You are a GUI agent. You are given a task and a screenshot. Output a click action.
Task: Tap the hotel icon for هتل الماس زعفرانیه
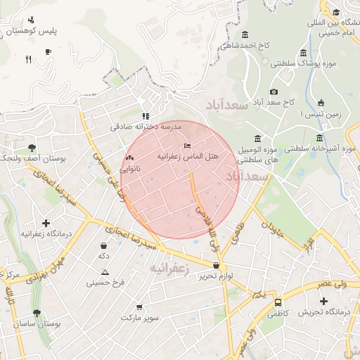[186, 145]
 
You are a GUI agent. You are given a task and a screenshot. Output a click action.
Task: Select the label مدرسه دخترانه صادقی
[146, 127]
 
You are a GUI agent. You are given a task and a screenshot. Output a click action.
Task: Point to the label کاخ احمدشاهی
[245, 46]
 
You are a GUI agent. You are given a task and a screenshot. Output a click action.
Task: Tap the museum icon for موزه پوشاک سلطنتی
[303, 53]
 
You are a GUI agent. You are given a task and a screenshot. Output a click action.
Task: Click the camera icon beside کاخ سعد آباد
[274, 91]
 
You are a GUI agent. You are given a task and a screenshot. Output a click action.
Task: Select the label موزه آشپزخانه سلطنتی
[320, 148]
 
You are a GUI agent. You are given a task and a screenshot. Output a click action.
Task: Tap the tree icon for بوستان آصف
[32, 148]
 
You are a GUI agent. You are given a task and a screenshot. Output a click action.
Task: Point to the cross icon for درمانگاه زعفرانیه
[46, 223]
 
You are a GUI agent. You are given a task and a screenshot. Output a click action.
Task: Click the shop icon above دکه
[104, 246]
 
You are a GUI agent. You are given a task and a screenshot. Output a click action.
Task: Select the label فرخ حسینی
[105, 283]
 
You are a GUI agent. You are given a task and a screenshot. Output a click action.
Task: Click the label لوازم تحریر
[215, 276]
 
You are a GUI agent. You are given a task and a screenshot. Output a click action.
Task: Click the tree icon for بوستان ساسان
[37, 313]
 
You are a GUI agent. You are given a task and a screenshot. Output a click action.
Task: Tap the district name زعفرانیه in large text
[169, 269]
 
